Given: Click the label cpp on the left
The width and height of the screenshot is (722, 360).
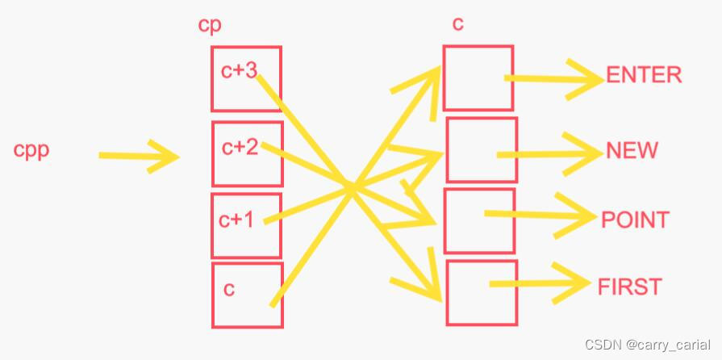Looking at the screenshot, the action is click(x=31, y=151).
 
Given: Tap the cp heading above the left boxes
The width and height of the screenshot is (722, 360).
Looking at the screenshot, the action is click(x=210, y=25).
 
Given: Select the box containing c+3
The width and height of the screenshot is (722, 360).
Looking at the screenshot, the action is click(x=246, y=78).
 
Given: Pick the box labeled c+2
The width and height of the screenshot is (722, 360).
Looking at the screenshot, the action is click(x=247, y=153).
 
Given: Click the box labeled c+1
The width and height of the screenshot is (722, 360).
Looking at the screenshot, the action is click(x=246, y=224).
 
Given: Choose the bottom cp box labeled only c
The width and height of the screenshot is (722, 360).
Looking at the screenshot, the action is click(x=247, y=295).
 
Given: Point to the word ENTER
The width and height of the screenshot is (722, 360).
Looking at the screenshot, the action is click(x=644, y=75).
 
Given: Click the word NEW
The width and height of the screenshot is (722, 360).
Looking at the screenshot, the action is click(x=632, y=151).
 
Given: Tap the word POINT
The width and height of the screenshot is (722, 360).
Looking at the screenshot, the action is click(x=635, y=220).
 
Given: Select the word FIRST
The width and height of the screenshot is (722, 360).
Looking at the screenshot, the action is click(x=629, y=287).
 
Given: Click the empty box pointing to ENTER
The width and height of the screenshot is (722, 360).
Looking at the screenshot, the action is click(x=478, y=77).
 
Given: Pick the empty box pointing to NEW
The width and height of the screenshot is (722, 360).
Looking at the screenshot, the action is click(x=482, y=150).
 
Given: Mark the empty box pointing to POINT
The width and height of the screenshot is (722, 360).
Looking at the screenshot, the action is click(x=479, y=220).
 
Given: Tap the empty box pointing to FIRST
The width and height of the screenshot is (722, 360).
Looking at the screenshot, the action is click(x=482, y=292).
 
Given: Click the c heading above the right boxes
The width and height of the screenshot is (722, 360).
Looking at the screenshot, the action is click(x=457, y=24).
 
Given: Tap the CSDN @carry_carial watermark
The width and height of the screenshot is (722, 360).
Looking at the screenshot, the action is click(x=650, y=345).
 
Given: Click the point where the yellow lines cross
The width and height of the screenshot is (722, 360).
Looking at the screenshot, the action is click(x=351, y=189).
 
